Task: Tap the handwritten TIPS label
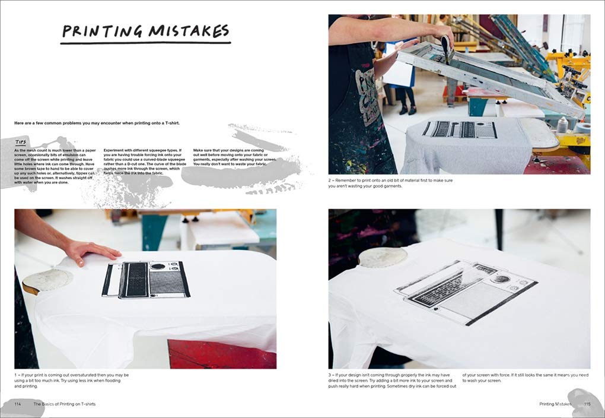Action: point(22,142)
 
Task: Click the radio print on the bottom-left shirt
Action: point(145,279)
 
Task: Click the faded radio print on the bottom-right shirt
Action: point(466,292)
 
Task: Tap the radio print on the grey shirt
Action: point(460,129)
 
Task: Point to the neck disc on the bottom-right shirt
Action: point(383,257)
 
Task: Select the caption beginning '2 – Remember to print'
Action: point(390,183)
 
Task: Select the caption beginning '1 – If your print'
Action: point(71,380)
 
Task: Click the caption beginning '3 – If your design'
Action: point(391,380)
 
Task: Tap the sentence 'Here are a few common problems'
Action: point(97,123)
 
